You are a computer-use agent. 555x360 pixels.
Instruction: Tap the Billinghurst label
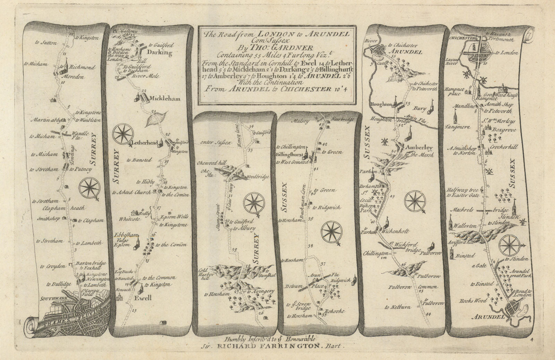[x=289, y=155]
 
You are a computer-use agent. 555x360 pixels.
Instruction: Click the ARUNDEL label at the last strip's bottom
[x=492, y=317]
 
